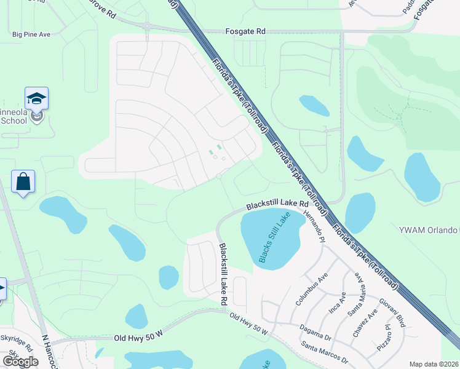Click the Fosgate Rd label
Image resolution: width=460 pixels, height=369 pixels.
pos(245,31)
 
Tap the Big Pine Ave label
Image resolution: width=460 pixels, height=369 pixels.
pos(31,35)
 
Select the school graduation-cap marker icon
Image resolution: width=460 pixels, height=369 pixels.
pos(37,99)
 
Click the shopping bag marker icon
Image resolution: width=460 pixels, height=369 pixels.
pos(23,182)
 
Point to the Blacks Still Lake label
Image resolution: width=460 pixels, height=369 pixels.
pos(274,237)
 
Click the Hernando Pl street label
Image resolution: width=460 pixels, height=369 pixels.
pos(312,226)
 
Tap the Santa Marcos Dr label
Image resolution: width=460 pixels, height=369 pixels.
pos(324,353)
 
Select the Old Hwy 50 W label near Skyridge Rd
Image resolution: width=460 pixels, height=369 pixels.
pos(139,338)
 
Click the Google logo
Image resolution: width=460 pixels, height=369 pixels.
pos(20,361)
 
